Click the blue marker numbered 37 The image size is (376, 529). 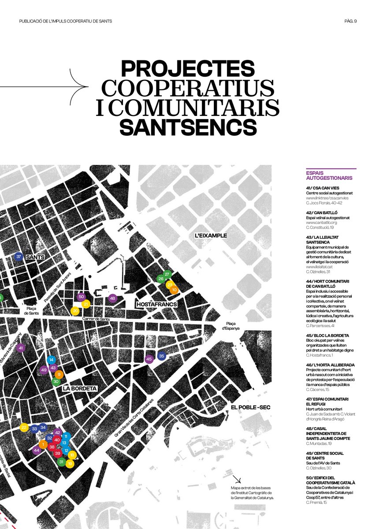coord(18,257)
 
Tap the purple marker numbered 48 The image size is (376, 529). coord(113,298)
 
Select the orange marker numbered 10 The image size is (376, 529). coord(174,290)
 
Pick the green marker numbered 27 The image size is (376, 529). coord(167,274)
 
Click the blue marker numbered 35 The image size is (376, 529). coord(161,356)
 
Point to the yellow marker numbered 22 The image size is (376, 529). coord(24,427)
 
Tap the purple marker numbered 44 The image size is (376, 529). coord(37,450)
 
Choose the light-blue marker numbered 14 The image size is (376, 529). coord(52,360)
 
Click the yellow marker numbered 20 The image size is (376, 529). coord(75,311)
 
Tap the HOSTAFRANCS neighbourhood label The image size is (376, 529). coord(156,305)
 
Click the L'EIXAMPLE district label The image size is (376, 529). coord(211,235)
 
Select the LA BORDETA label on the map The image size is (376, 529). coord(79,389)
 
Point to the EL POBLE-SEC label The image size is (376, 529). coord(250,407)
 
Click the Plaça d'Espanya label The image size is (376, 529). coord(230,325)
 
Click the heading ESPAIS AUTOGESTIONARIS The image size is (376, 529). coord(329,175)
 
